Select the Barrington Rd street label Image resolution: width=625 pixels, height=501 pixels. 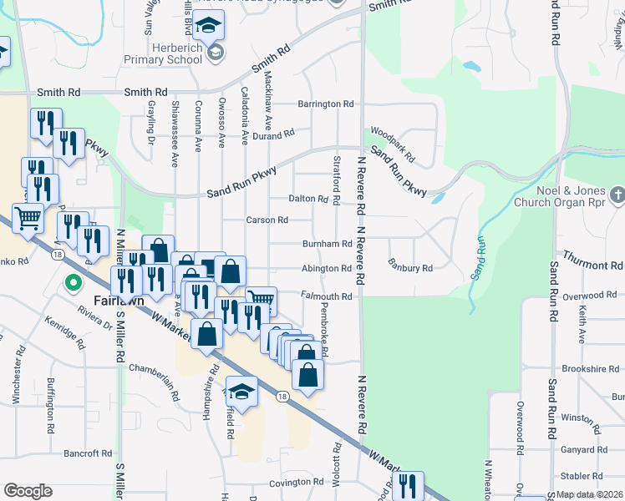[x=326, y=104]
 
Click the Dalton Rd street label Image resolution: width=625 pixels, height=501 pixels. [x=307, y=199]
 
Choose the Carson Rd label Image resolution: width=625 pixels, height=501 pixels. [x=267, y=220]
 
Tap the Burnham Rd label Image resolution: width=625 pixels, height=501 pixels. [x=328, y=244]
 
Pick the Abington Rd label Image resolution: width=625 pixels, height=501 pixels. [x=326, y=269]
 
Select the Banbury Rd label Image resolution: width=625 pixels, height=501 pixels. [x=410, y=268]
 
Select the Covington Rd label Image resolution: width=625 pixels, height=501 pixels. [x=296, y=482]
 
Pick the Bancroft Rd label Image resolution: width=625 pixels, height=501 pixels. [x=88, y=453]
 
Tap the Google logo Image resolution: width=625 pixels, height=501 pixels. [x=28, y=490]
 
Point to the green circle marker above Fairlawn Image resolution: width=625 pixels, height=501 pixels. [x=72, y=281]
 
